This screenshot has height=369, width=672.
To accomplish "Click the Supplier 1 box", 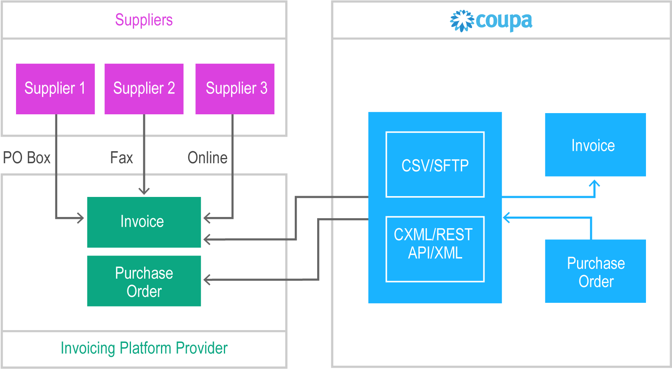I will click(x=55, y=89).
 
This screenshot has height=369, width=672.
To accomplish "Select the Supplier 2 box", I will click(x=144, y=89).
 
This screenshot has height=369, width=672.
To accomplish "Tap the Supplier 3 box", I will click(x=235, y=89).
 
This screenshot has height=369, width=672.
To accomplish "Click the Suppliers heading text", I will click(x=144, y=20).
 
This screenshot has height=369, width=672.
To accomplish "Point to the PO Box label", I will click(x=26, y=158).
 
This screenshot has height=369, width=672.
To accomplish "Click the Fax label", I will click(x=121, y=158).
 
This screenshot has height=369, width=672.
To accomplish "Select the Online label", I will click(x=207, y=158).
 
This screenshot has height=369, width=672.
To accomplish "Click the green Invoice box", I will click(x=144, y=222).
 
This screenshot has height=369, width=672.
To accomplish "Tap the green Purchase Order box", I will click(x=144, y=281).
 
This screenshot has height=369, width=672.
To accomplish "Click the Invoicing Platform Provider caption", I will click(x=144, y=348).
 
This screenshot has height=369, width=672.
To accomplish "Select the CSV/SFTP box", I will click(x=435, y=165).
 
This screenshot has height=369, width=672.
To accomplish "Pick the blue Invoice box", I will click(x=595, y=145).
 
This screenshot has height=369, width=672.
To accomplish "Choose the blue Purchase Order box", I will click(x=595, y=272).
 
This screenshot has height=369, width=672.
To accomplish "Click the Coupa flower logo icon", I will click(x=462, y=21).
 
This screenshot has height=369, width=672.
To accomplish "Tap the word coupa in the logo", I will click(x=504, y=21).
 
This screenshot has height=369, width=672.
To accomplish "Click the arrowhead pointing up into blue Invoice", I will click(x=595, y=184).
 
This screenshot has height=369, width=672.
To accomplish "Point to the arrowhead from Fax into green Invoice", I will click(x=144, y=191).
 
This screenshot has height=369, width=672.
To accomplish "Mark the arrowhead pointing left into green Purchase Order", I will click(x=207, y=280).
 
